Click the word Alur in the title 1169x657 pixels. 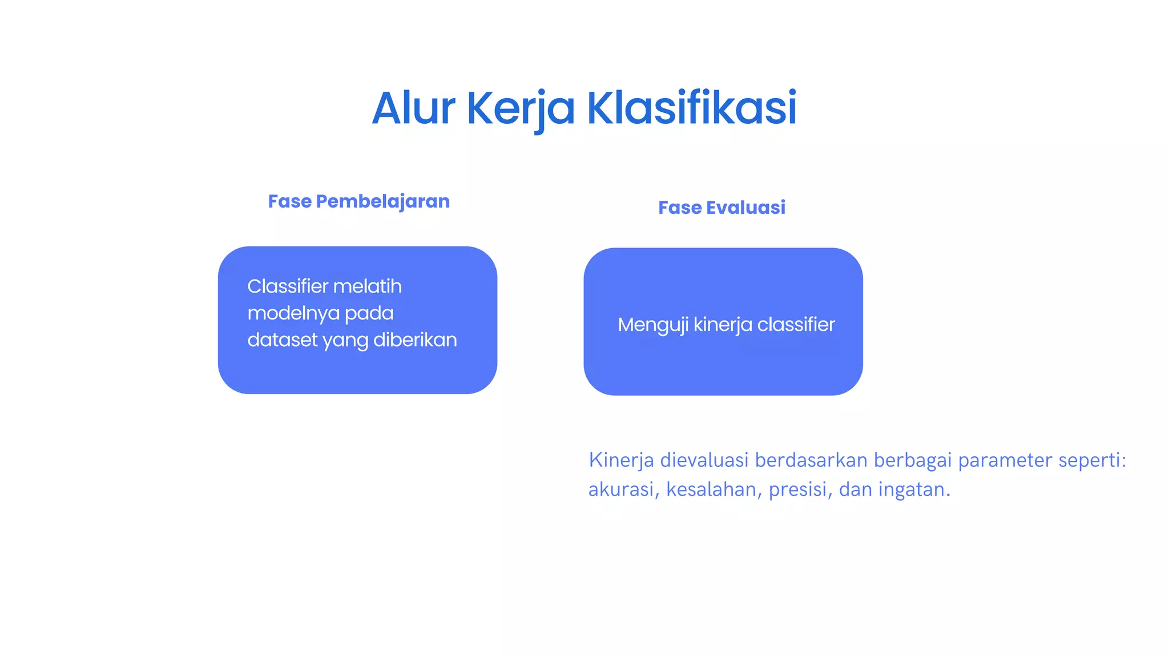pos(413,108)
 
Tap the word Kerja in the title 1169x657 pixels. pos(521,108)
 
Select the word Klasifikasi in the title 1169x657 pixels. pos(691,108)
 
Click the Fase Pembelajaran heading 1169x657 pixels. pos(358,201)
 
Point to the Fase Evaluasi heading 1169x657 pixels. pos(721,208)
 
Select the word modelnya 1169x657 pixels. pos(293,313)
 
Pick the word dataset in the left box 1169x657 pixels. pos(282,340)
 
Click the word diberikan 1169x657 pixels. pos(415,340)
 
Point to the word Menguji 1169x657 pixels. pos(652,325)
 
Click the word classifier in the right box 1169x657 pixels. pos(796,325)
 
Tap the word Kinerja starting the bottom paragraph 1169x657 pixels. pos(621,460)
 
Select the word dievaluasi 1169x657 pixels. pos(704,460)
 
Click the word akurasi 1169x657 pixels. pos(621,490)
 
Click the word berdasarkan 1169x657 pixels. pos(811,460)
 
